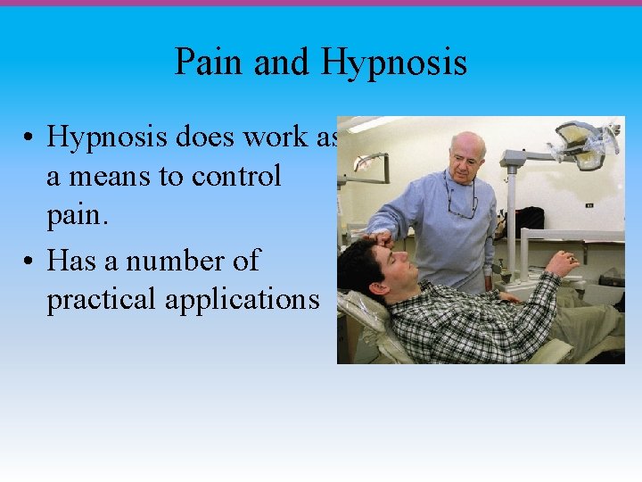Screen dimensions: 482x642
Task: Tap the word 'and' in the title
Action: pyautogui.click(x=282, y=62)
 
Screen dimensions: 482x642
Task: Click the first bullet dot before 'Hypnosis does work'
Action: pyautogui.click(x=30, y=138)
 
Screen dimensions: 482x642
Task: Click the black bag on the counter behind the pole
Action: pyautogui.click(x=530, y=220)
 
